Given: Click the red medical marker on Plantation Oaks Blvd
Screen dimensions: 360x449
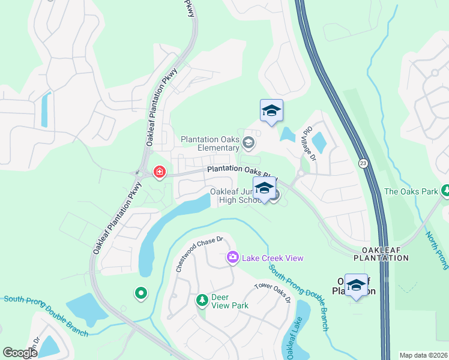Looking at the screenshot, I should pyautogui.click(x=160, y=173).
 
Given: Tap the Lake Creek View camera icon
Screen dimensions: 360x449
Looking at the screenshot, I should pyautogui.click(x=233, y=257).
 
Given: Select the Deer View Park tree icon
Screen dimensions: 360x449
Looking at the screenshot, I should pyautogui.click(x=203, y=299).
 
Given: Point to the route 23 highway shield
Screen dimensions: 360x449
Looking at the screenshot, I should pyautogui.click(x=363, y=163).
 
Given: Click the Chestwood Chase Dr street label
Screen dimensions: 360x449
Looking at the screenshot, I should pyautogui.click(x=199, y=253).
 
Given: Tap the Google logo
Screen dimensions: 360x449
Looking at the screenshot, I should pyautogui.click(x=20, y=353).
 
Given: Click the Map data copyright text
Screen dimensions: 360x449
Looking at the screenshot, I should pyautogui.click(x=423, y=355).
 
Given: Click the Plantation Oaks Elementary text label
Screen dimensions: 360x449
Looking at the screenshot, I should pyautogui.click(x=210, y=143).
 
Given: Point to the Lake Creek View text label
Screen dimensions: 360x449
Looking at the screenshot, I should pyautogui.click(x=273, y=258).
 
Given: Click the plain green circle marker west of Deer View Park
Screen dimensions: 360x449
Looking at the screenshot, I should pyautogui.click(x=140, y=293).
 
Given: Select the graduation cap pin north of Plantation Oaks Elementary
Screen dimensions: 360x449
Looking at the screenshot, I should pyautogui.click(x=271, y=110).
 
